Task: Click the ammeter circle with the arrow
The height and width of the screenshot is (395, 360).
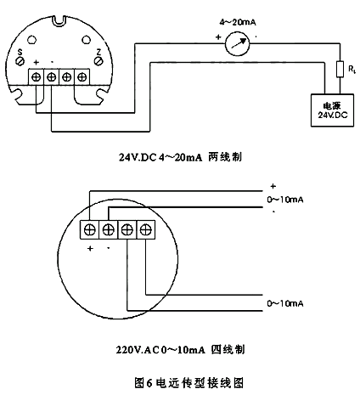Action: click(237, 43)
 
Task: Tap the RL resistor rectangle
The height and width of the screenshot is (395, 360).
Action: click(340, 69)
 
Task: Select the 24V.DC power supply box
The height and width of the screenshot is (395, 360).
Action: click(332, 110)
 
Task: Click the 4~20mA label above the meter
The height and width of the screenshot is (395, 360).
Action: click(238, 22)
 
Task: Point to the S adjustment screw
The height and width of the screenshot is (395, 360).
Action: click(20, 61)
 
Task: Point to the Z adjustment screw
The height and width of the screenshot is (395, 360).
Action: click(98, 61)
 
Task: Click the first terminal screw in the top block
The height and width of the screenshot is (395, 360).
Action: click(36, 76)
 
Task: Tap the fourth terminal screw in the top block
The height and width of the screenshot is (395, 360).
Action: click(82, 76)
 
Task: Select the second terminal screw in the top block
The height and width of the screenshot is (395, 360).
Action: click(51, 76)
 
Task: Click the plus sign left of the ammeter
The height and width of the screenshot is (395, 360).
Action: click(218, 37)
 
